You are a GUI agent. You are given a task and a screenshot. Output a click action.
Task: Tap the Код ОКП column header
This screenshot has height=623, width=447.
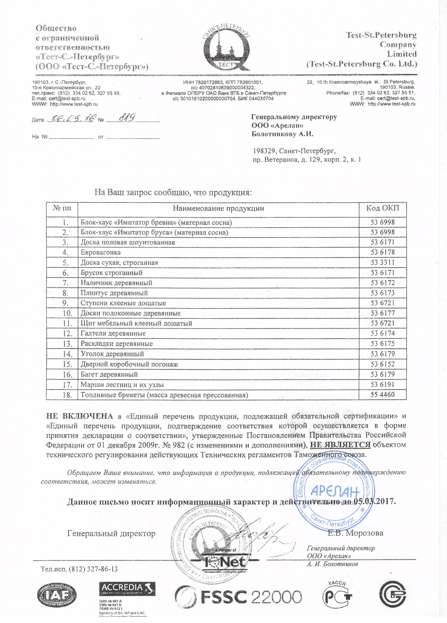[382, 208]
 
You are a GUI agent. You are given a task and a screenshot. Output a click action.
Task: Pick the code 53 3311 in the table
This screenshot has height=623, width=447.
[382, 262]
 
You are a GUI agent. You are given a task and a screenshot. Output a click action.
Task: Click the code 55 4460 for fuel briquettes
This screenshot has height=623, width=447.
[382, 395]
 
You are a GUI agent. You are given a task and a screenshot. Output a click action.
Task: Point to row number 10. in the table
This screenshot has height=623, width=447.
[67, 313]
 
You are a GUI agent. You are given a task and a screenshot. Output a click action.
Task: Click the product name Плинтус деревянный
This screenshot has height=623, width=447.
[114, 293]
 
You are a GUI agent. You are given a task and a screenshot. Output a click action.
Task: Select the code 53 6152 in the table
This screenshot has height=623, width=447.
[382, 364]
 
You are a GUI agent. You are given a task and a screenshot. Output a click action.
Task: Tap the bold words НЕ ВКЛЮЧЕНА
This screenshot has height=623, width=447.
[80, 416]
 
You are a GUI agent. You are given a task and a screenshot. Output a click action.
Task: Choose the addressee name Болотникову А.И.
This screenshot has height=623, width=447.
[283, 134]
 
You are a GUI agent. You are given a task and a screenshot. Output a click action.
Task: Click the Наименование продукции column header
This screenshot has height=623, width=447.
[218, 208]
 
